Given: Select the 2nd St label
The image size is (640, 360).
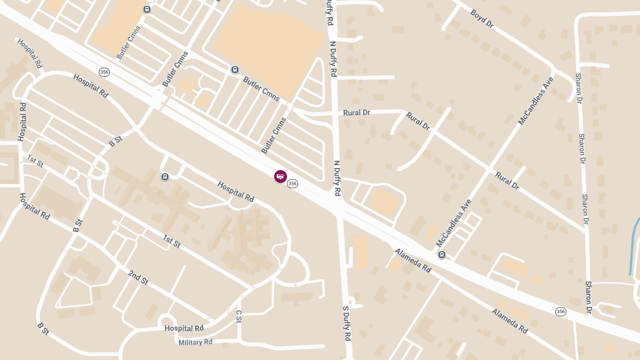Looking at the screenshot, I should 138,277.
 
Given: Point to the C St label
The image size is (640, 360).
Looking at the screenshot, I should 238,316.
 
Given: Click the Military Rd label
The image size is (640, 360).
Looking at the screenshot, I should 195,342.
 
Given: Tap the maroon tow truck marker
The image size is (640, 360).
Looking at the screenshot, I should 280,177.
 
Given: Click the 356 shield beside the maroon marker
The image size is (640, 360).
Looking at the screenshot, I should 292,183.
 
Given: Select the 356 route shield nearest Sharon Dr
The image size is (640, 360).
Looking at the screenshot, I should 560,311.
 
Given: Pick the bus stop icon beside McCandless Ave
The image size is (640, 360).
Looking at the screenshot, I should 442,255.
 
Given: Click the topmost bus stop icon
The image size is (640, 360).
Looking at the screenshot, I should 147,9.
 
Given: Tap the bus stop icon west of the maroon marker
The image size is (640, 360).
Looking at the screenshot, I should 165,177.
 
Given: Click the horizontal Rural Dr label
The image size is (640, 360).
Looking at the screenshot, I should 356,113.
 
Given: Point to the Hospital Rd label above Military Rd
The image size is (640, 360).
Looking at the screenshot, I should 184,328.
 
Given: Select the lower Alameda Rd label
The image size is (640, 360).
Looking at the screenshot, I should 509,321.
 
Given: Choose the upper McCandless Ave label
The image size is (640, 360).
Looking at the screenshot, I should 535,101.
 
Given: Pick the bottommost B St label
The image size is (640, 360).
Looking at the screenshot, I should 43,329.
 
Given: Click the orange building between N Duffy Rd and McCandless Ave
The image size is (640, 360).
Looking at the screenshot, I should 384,203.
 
